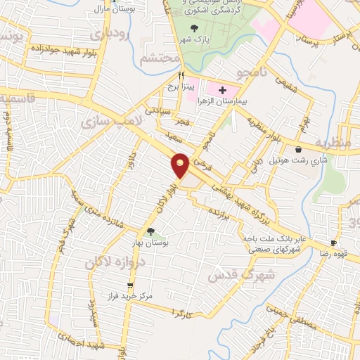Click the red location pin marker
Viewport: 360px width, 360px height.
[x=181, y=165]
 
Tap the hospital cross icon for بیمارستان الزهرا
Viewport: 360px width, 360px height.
[x=222, y=90]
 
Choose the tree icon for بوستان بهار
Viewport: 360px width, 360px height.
[x=150, y=231]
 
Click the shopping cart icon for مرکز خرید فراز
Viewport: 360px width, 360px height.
[x=130, y=285]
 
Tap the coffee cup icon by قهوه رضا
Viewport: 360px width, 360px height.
[x=334, y=242]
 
